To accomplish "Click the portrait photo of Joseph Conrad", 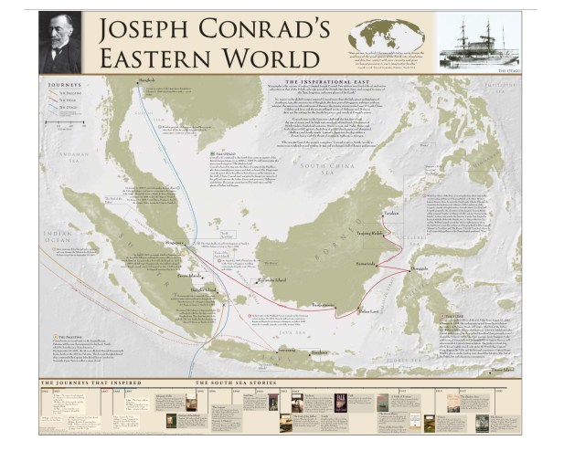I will tap(60, 41).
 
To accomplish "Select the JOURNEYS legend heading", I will tap(62, 91).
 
